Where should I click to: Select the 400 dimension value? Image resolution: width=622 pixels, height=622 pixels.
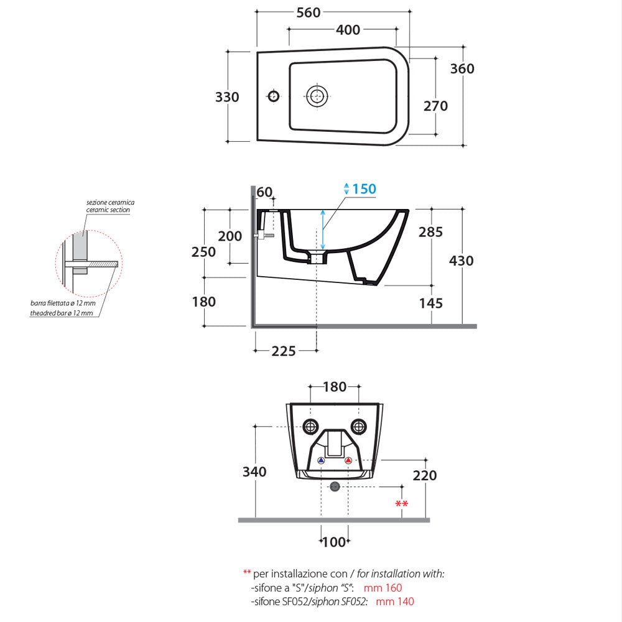[348, 29]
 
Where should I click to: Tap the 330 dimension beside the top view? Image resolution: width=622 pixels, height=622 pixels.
[227, 97]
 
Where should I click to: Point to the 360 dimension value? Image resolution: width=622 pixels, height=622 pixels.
[462, 68]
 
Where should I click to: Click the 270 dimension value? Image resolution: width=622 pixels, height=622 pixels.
[435, 106]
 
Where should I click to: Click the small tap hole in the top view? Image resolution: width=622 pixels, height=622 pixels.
[273, 96]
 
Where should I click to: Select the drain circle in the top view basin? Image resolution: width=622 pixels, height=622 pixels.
[317, 96]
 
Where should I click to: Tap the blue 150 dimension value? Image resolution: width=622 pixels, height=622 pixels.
[364, 188]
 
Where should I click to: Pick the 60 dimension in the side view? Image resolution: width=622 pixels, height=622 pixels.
[264, 192]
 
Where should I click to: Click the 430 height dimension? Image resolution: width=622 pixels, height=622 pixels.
[461, 261]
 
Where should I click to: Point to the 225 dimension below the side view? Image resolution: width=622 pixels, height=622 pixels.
[284, 351]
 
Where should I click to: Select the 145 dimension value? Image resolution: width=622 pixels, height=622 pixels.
[430, 303]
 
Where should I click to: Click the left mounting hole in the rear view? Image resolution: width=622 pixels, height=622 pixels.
[310, 427]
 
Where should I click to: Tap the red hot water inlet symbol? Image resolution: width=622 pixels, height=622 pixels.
[348, 461]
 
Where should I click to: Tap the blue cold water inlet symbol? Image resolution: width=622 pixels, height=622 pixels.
[321, 461]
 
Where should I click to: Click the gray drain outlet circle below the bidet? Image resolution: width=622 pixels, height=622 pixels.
[335, 486]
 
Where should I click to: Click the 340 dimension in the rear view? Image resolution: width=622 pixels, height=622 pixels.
[254, 471]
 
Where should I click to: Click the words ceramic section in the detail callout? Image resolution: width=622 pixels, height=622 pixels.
[108, 211]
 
